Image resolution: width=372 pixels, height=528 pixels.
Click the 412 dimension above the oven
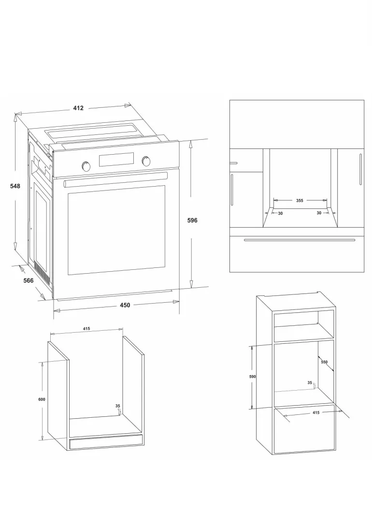78,108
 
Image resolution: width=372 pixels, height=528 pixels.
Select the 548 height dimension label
15,186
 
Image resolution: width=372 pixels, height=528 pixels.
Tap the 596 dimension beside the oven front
192,220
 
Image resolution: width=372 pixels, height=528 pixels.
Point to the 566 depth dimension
29,280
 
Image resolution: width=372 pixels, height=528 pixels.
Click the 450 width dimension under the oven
125,306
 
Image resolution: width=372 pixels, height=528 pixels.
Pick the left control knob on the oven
86,165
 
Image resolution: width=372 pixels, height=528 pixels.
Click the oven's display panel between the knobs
116,159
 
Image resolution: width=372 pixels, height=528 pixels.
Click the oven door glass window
116,230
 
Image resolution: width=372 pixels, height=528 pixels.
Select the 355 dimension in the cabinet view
300,201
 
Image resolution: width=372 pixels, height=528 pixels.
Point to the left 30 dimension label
281,214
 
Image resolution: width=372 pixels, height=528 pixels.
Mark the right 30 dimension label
319,213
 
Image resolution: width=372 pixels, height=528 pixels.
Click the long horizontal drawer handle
300,240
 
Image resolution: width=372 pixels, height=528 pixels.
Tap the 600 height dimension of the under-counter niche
42,400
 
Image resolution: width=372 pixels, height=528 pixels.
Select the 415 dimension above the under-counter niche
86,329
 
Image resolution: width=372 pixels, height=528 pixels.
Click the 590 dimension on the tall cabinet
253,377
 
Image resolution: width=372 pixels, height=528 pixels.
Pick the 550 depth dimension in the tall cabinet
324,362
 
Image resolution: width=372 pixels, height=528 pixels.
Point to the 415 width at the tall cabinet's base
316,412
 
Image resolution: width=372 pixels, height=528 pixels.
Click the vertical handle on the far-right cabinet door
360,169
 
